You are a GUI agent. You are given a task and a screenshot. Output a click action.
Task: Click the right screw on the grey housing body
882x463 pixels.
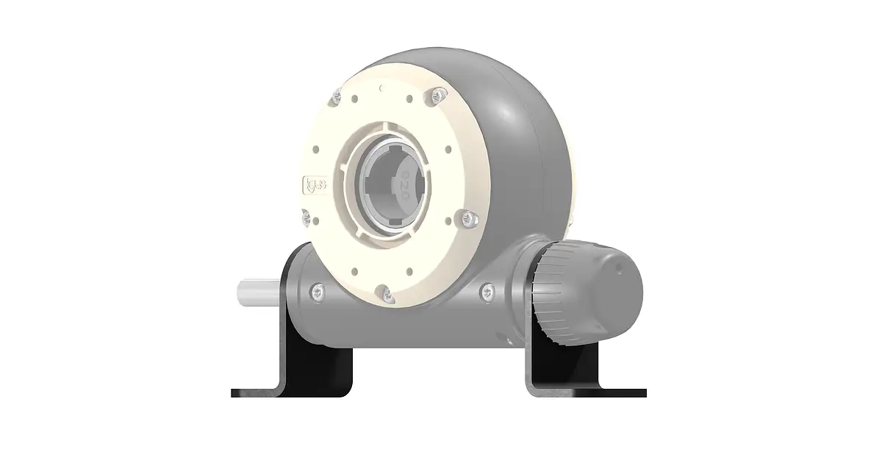coord(486,292)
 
